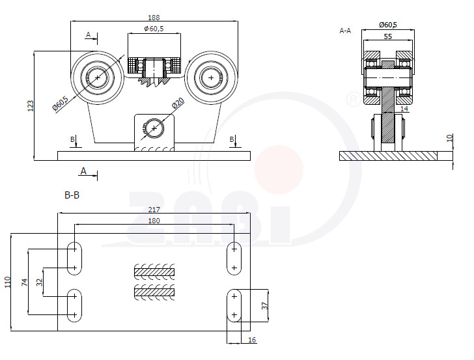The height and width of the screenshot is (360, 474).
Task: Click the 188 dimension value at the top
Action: (x=154, y=18)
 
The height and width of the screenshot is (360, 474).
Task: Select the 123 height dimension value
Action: (x=31, y=106)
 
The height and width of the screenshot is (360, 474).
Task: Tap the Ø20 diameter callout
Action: (x=178, y=104)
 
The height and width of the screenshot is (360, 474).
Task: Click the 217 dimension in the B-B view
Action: (x=154, y=210)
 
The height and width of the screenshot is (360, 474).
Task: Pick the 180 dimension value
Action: (x=154, y=221)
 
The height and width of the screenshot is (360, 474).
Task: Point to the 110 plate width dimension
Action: (x=8, y=282)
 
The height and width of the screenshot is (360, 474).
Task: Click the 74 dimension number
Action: (x=25, y=283)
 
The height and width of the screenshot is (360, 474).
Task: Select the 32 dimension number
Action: (x=39, y=283)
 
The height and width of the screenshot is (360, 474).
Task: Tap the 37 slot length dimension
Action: (x=265, y=306)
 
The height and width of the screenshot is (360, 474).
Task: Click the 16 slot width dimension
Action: (x=252, y=340)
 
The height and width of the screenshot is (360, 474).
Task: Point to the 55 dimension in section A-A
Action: (x=388, y=36)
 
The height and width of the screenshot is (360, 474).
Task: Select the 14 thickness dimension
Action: (x=404, y=109)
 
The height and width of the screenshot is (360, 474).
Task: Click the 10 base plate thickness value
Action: (x=450, y=138)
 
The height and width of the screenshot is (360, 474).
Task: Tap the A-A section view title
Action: (x=345, y=31)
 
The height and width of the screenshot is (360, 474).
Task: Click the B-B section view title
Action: (x=72, y=195)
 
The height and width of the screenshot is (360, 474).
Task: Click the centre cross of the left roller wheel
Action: (x=98, y=77)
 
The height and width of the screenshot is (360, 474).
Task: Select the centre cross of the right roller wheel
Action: (x=211, y=77)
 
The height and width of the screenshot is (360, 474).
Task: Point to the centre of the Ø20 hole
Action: (x=154, y=128)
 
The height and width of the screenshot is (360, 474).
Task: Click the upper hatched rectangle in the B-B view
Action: (x=154, y=272)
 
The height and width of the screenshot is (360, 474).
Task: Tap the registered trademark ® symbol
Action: (x=353, y=99)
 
